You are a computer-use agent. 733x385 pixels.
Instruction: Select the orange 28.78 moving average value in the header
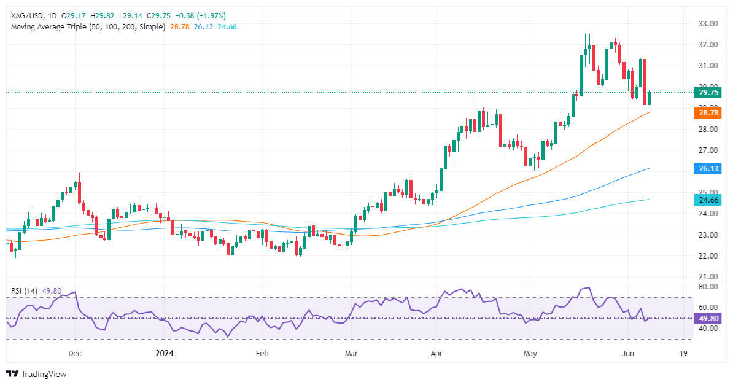[x=178, y=27]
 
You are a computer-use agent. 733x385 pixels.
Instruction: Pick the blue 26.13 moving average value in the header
[x=203, y=27]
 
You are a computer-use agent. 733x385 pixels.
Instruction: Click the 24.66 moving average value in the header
[x=227, y=27]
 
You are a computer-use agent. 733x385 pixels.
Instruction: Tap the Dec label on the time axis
[x=75, y=354]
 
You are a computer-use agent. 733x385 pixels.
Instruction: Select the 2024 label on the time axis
[x=165, y=354]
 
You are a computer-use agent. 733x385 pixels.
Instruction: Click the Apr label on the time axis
[x=436, y=354]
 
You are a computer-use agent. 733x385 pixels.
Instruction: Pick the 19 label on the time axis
[x=683, y=354]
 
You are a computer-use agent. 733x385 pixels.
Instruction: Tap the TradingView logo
[x=36, y=373]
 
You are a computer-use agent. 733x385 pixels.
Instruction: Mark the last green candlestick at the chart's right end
[x=649, y=98]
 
